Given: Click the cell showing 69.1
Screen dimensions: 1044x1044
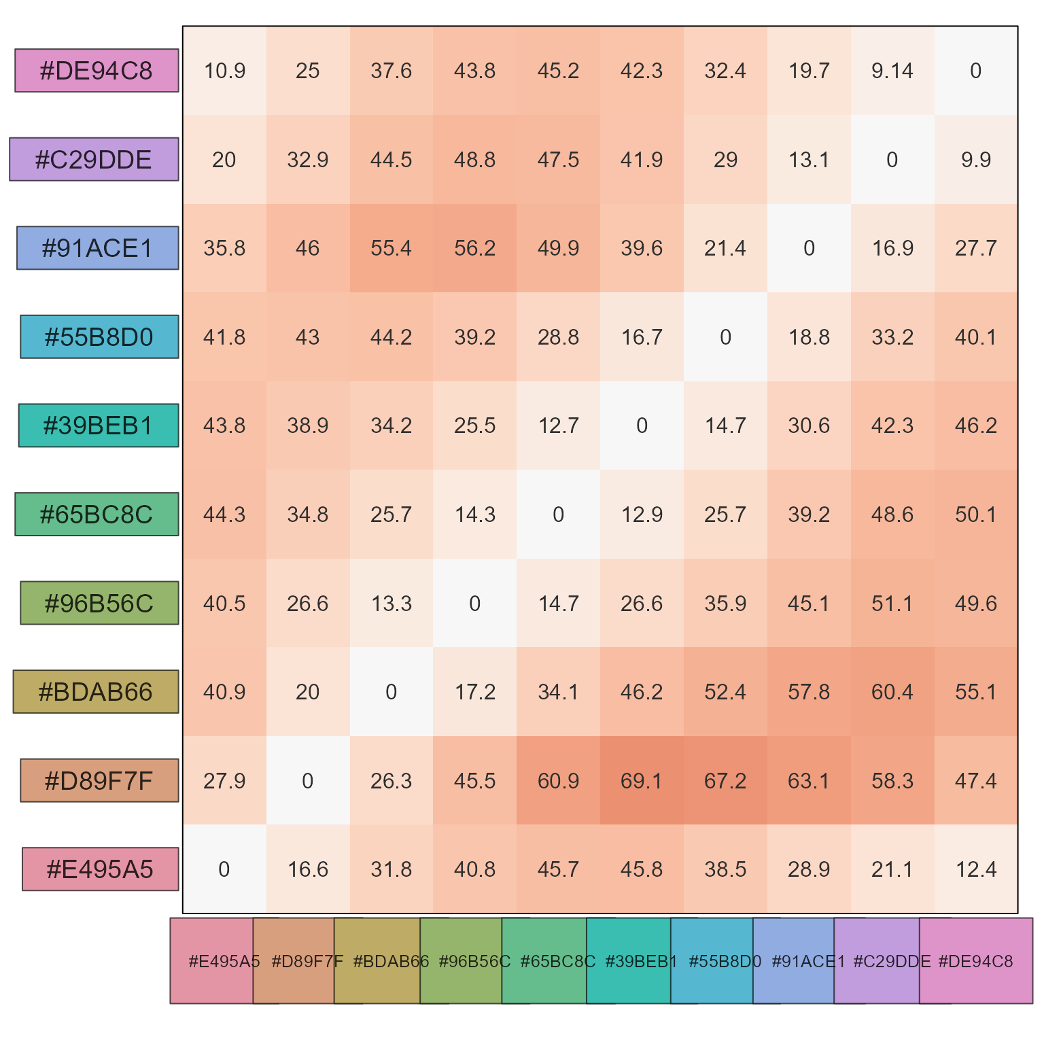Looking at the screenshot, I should click(x=642, y=780).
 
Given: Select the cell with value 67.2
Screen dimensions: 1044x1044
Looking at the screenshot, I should click(x=725, y=780).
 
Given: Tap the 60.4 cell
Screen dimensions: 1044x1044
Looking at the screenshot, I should click(x=892, y=692).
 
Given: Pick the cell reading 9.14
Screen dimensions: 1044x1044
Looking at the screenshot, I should click(x=892, y=71).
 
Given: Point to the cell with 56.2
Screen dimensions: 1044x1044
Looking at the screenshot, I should click(x=474, y=248).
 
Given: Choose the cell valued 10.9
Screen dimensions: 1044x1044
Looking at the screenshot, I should click(x=224, y=71).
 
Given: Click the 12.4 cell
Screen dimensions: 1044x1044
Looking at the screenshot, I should click(x=976, y=869).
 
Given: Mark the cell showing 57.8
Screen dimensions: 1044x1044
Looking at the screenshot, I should click(x=809, y=692).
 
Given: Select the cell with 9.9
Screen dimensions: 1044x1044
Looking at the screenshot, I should click(x=976, y=160).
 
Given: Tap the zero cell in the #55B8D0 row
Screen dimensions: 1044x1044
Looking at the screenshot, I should click(x=725, y=337).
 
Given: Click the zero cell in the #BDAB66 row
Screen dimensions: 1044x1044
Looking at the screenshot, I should click(x=391, y=692).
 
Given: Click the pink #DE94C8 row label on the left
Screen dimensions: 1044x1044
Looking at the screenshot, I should click(x=97, y=71).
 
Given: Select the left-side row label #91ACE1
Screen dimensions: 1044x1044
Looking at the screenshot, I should click(x=98, y=248).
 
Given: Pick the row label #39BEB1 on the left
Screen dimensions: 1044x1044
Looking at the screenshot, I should click(x=99, y=425).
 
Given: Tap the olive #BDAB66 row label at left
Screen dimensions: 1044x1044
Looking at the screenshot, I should click(x=96, y=692).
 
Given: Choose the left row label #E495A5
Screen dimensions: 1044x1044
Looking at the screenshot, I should click(x=100, y=869).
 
